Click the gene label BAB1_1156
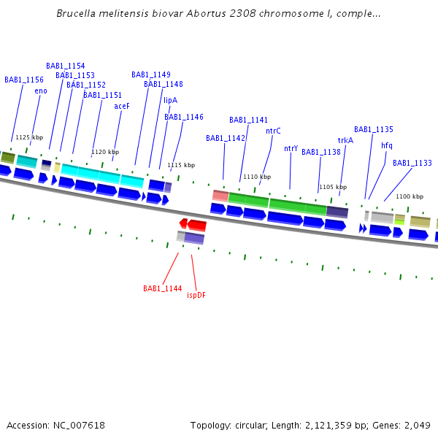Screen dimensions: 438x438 point(24,80)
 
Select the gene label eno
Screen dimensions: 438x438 point(41,91)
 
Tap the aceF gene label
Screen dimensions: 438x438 point(122,106)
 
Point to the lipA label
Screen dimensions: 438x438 point(170,101)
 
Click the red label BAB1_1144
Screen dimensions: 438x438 point(162,288)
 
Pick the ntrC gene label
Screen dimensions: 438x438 point(273,131)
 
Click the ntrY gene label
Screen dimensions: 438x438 point(291,149)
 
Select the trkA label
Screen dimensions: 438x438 point(345,140)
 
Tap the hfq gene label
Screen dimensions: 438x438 point(386,145)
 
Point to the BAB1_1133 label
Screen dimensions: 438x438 point(412,163)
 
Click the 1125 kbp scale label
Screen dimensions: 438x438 point(29,137)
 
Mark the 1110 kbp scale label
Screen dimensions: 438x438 point(257,177)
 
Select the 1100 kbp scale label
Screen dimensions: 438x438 point(410,196)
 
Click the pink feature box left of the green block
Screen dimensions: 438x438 point(220,196)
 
